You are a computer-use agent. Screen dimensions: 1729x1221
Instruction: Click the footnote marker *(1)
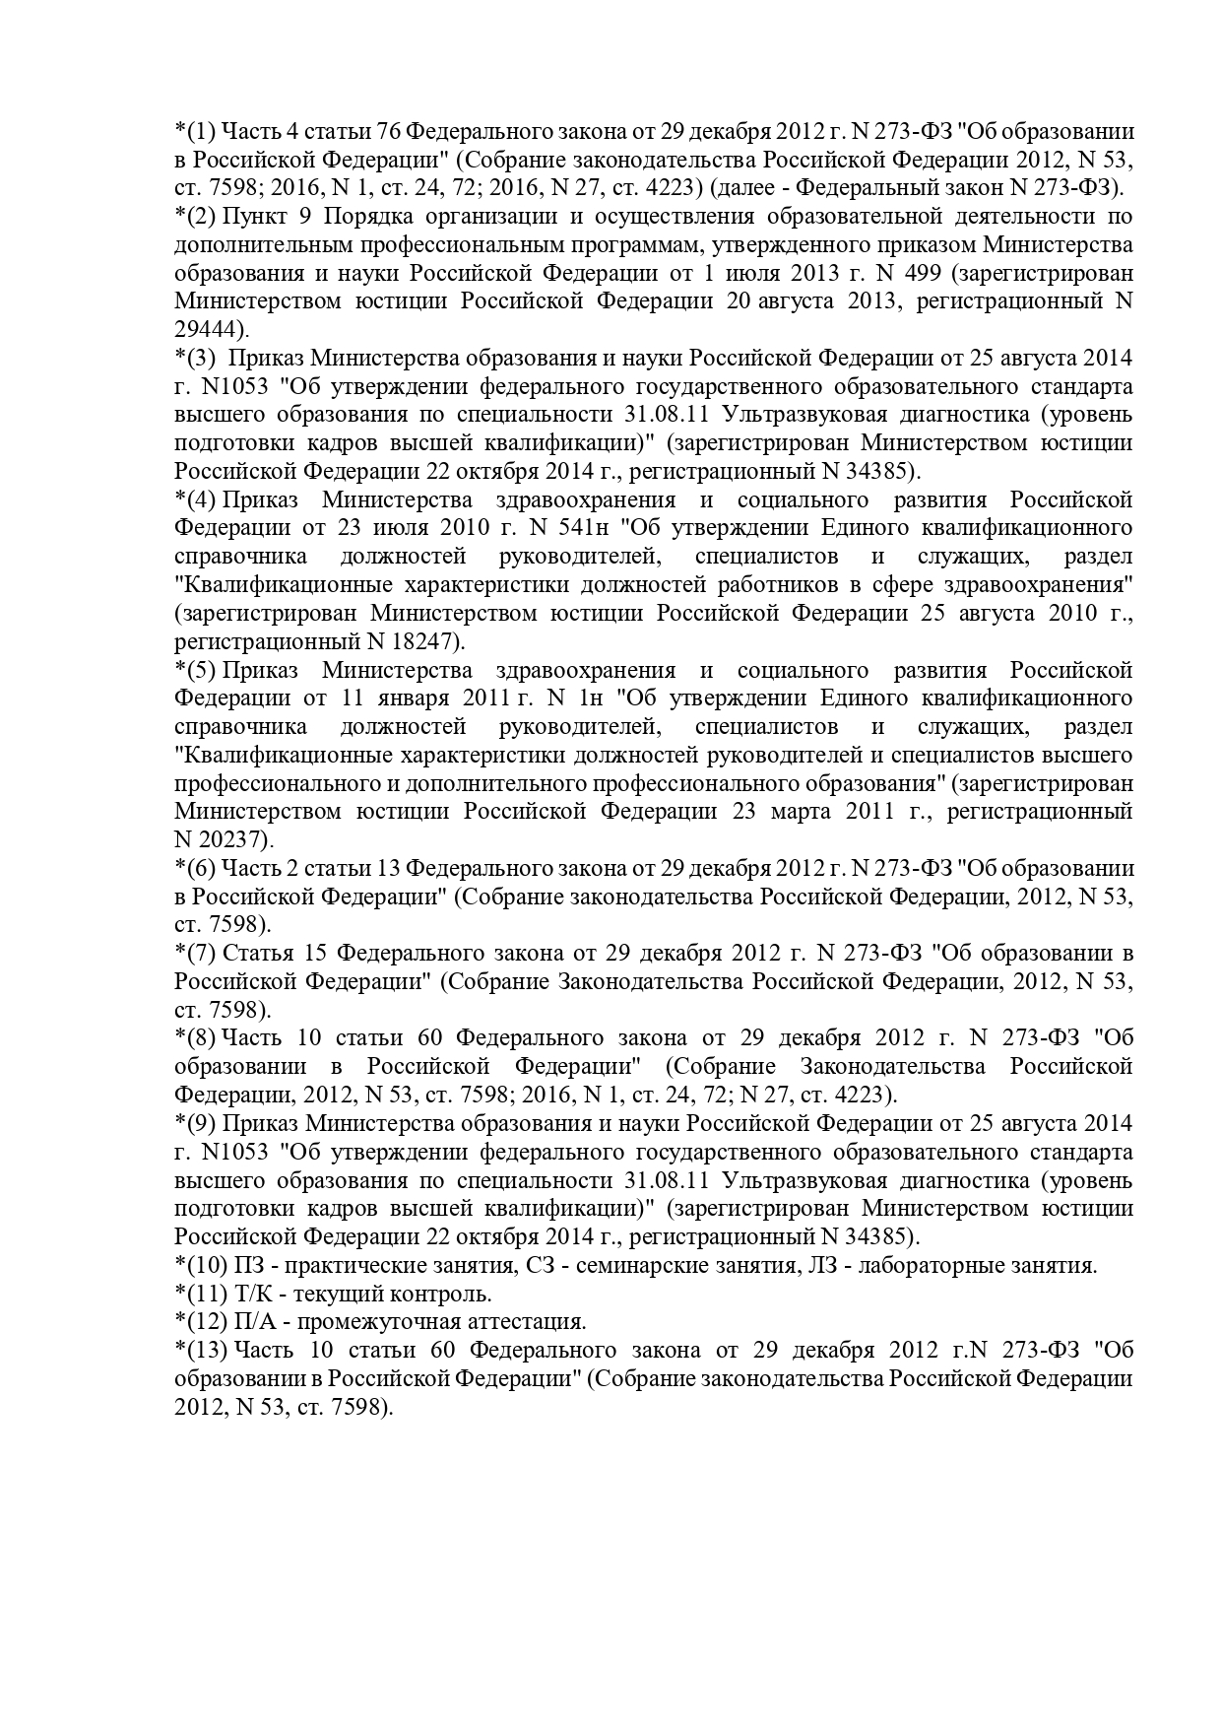(x=195, y=131)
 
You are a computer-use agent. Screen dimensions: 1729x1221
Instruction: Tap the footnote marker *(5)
(x=195, y=671)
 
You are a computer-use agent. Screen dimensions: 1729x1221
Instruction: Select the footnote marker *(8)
(x=195, y=1037)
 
